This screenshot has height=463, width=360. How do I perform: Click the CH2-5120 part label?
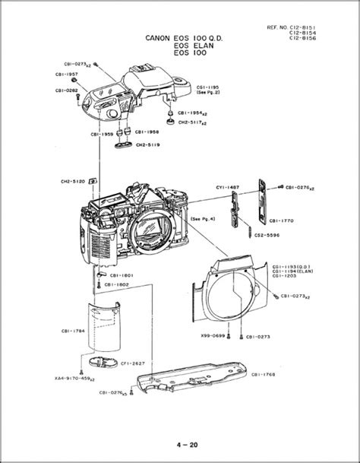[72, 182]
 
